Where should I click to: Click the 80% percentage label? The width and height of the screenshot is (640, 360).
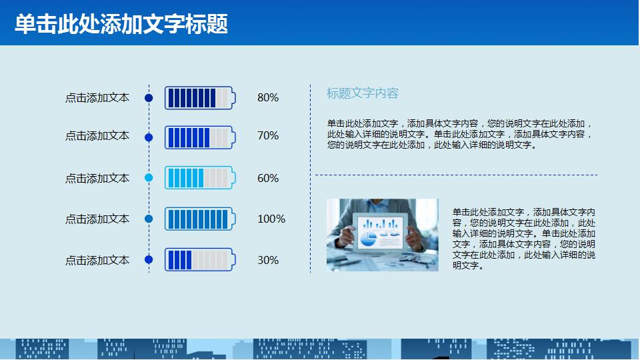268,98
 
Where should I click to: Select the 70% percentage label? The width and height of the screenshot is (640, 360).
268,136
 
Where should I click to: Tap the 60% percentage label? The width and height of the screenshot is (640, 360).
268,179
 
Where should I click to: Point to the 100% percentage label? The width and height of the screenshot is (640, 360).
271,219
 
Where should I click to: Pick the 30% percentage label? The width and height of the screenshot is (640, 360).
268,261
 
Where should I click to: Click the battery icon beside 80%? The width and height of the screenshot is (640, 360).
199,98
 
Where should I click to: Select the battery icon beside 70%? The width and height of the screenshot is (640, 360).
199,137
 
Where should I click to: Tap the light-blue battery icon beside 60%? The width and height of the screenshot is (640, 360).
199,178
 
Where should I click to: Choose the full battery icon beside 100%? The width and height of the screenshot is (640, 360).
199,219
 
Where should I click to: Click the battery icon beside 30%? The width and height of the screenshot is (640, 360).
199,260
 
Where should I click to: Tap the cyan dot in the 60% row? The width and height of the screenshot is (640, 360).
149,178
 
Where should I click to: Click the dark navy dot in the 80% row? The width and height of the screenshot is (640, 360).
149,98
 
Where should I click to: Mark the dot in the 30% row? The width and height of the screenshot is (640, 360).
149,260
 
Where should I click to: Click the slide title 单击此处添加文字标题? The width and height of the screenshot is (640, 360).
121,24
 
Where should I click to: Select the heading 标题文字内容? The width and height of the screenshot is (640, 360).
362,93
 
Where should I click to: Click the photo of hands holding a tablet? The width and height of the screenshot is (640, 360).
382,235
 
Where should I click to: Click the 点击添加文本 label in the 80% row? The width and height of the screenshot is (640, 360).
97,98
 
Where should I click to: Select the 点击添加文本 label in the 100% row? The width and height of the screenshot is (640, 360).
97,219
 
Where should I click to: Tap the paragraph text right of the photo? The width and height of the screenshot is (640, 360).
523,239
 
